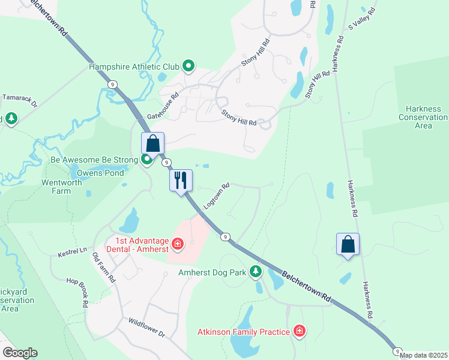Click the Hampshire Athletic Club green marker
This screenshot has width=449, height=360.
tap(188, 67)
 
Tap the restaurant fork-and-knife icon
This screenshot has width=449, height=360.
tap(181, 179)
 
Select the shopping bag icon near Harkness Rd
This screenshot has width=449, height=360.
tap(348, 244)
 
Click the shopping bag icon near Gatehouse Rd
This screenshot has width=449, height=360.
tap(152, 144)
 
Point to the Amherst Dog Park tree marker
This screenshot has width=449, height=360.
tap(256, 272)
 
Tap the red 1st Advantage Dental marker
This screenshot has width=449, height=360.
tap(178, 244)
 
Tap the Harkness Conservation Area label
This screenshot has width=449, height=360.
tap(423, 117)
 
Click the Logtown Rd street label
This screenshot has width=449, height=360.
tap(217, 196)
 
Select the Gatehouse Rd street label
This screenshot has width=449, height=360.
tap(159, 102)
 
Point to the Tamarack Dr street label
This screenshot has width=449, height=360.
tap(20, 100)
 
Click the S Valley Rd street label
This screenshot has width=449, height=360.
tap(362, 19)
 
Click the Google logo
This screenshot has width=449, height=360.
tap(19, 353)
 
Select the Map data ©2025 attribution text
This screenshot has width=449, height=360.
tap(423, 355)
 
